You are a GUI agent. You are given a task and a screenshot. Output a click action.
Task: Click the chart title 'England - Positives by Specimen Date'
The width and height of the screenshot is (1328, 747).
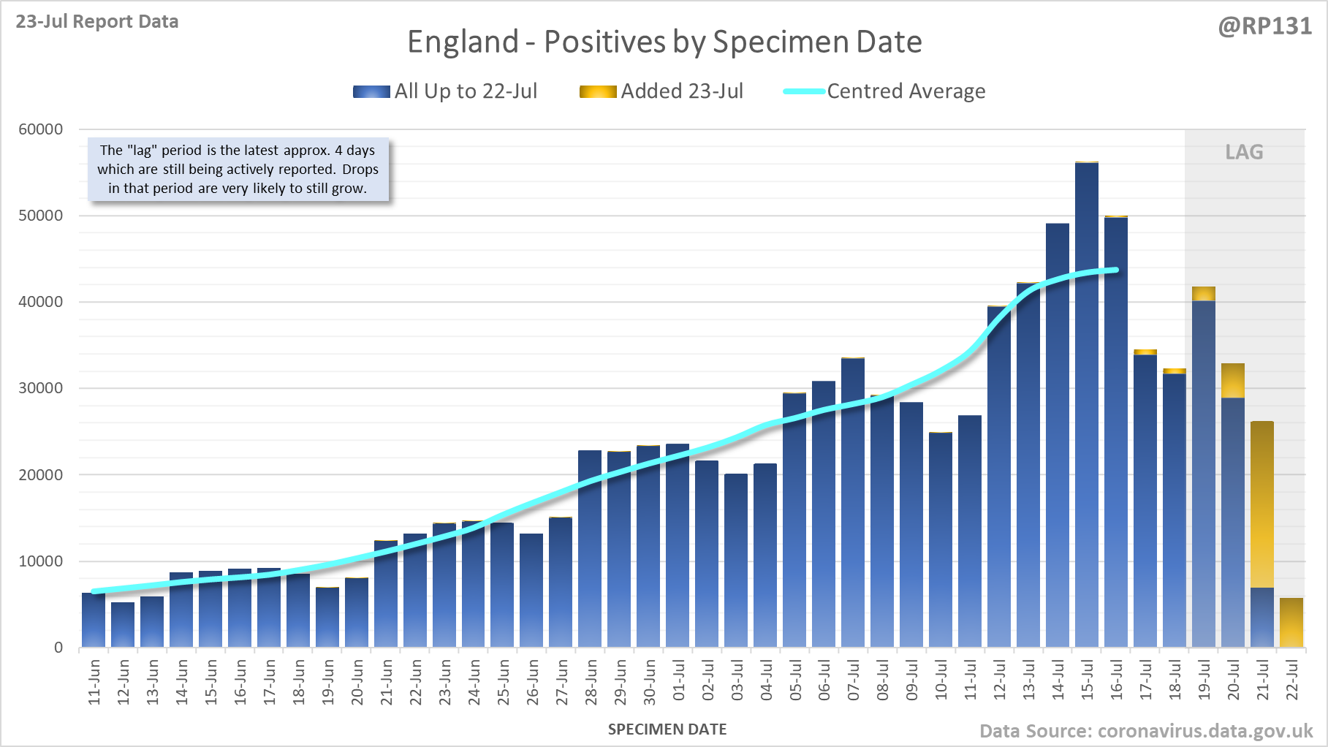[664, 42]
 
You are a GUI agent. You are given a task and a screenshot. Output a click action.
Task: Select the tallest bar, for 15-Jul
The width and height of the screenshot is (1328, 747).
[1086, 402]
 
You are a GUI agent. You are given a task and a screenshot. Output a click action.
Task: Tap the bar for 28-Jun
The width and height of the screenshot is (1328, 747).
[590, 548]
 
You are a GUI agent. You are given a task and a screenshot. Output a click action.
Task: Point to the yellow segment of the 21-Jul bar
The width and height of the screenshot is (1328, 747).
[1262, 504]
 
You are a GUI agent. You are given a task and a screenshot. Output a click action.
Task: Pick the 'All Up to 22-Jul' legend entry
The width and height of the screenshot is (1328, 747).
[446, 91]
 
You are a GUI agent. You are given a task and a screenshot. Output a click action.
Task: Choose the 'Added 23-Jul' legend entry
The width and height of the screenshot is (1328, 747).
[662, 91]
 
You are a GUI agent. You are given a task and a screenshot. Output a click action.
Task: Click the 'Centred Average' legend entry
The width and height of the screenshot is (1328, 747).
[885, 91]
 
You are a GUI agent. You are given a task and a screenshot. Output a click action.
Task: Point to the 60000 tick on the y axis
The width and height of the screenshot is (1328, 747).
[41, 129]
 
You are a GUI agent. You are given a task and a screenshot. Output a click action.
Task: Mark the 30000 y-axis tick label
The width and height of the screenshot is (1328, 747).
[41, 388]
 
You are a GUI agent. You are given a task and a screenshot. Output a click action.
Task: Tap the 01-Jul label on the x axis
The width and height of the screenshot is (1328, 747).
[679, 680]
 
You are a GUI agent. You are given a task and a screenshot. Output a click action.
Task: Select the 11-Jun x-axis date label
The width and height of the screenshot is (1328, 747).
[94, 682]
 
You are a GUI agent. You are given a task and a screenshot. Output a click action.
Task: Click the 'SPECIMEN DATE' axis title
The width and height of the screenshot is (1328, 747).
[667, 729]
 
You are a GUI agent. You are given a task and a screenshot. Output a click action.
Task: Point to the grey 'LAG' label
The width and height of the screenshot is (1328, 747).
[1244, 152]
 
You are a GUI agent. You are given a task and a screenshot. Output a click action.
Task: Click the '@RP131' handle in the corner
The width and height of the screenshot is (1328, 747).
[1264, 26]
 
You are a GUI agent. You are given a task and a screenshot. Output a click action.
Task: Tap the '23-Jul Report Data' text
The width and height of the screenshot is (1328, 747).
[97, 21]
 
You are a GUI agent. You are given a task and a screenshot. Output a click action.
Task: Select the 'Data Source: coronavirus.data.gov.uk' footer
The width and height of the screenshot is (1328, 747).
[1146, 731]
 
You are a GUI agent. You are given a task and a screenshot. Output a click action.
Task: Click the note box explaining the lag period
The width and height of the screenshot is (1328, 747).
[238, 169]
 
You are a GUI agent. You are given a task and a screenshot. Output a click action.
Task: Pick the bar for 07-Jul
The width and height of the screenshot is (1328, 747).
[853, 504]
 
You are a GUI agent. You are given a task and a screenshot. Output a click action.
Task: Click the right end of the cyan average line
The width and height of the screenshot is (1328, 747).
[1115, 270]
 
